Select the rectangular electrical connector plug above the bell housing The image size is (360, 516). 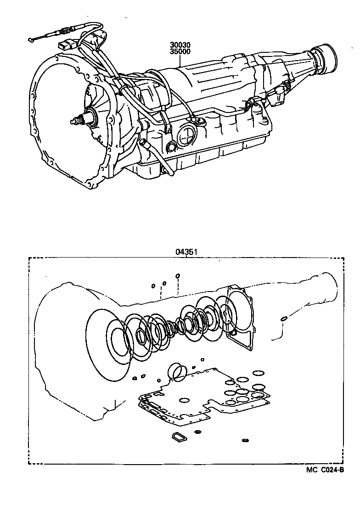tap(65, 46)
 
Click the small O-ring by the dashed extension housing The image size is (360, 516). tap(284, 318)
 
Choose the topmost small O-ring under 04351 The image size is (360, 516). tap(178, 276)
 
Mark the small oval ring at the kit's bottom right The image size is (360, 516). tap(245, 441)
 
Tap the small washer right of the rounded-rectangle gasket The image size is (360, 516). tap(198, 432)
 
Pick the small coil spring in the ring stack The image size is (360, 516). tap(174, 326)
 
